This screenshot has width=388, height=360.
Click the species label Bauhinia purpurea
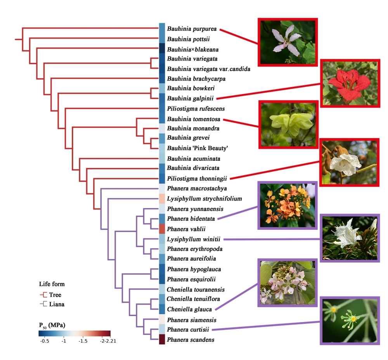192,29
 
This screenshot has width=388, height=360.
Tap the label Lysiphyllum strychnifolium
204,199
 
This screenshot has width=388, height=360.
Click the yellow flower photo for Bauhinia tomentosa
289,124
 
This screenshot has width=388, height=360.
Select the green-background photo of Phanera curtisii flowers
350,320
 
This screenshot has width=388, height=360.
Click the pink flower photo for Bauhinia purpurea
288,41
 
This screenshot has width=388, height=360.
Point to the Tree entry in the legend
55,295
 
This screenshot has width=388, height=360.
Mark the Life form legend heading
52,284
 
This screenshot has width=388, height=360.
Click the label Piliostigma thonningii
197,179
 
